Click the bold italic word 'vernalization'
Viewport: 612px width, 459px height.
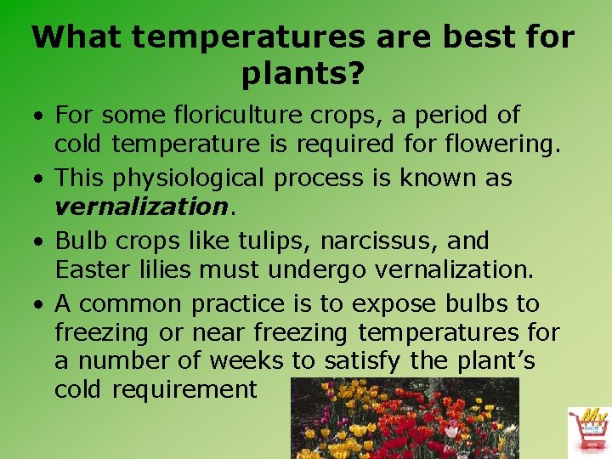click(136, 207)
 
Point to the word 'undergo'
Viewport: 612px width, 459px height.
click(318, 270)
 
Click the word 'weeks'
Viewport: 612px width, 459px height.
click(246, 361)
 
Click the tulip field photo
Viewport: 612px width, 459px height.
click(405, 418)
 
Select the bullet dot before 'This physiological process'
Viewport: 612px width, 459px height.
click(41, 179)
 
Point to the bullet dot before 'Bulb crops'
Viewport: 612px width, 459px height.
click(41, 242)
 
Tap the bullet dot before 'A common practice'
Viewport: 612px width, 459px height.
click(41, 304)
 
